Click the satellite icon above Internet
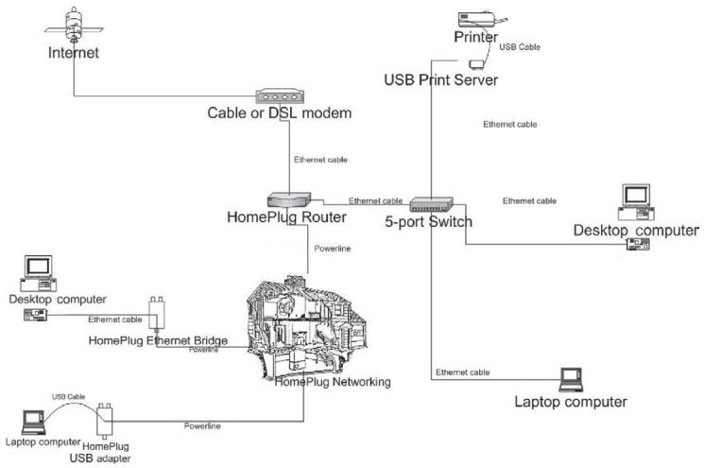coord(74,25)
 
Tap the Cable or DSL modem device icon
coord(280,96)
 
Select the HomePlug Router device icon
coord(289,199)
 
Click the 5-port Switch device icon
coord(432,205)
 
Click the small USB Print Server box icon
coord(476,64)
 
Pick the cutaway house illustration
coord(307,328)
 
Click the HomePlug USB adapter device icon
coord(105,421)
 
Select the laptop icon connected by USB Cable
coord(33,423)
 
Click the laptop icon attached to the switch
coord(571,380)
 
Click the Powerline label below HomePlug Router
coord(333,249)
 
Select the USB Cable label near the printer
coord(520,46)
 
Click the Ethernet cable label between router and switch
coord(375,200)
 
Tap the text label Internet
coord(73,53)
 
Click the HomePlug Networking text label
coord(333,382)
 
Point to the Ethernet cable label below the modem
coord(320,160)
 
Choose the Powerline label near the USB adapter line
coord(202,425)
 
